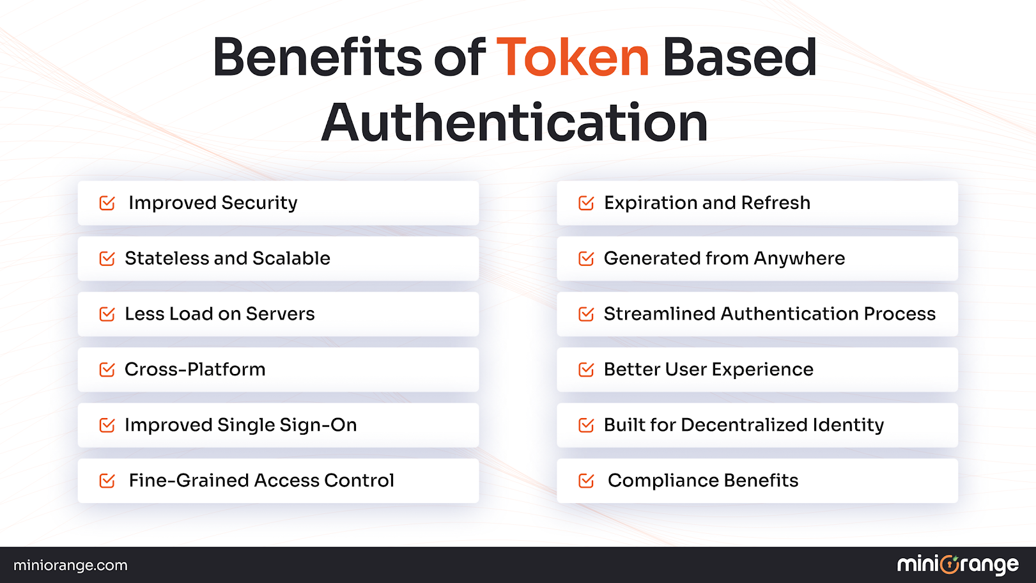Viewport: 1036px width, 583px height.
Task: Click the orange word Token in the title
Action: coord(573,58)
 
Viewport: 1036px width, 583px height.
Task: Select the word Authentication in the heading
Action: coord(514,122)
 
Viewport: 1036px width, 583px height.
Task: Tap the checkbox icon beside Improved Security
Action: coord(107,203)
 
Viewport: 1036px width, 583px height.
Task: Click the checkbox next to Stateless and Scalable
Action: coord(107,259)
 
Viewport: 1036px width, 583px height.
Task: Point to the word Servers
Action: coord(280,314)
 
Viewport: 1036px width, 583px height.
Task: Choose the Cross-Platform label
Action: coord(195,369)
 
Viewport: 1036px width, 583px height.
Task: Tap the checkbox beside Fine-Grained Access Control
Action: coord(107,481)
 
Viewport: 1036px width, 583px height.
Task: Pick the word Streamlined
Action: coord(660,314)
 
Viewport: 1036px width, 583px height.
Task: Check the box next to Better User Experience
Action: coord(586,369)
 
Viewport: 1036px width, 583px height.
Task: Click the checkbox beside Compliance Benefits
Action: coord(586,481)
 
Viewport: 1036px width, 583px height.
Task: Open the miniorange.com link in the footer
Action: coord(70,565)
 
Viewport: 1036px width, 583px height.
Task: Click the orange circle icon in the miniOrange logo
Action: coord(950,564)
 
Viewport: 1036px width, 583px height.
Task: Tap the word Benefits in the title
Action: coord(317,58)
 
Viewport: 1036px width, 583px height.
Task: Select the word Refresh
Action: coord(775,203)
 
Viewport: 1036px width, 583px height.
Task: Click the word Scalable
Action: coord(291,258)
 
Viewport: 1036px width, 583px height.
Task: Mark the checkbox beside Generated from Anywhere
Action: coord(586,259)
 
